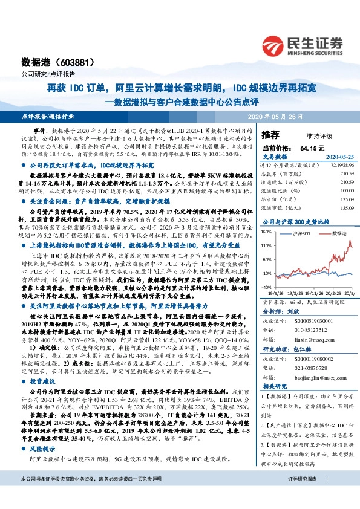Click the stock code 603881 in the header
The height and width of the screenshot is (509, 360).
[73, 62]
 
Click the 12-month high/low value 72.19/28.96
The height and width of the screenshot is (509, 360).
[340, 165]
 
